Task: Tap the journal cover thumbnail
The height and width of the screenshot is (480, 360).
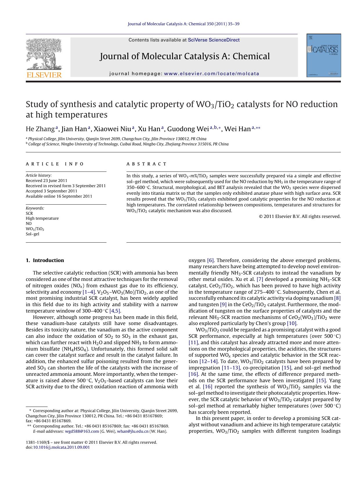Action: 324,55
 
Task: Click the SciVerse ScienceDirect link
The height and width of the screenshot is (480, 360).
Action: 214,40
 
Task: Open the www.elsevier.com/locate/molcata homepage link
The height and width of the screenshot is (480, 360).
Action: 211,74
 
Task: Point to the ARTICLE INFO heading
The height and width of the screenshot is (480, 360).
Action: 55,164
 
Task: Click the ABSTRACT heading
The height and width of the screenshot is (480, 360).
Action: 146,164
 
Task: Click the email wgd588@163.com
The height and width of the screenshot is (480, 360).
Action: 82,431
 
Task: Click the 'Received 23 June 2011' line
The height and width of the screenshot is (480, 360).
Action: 46,181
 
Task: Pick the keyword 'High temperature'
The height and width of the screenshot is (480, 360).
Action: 42,218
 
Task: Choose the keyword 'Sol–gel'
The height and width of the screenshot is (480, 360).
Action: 32,234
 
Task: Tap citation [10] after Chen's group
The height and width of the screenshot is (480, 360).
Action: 292,323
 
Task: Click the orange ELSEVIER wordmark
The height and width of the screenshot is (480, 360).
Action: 44,75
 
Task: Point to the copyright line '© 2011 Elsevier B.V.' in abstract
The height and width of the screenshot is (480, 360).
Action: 300,216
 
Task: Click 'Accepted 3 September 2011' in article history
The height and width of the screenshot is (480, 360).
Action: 51,191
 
